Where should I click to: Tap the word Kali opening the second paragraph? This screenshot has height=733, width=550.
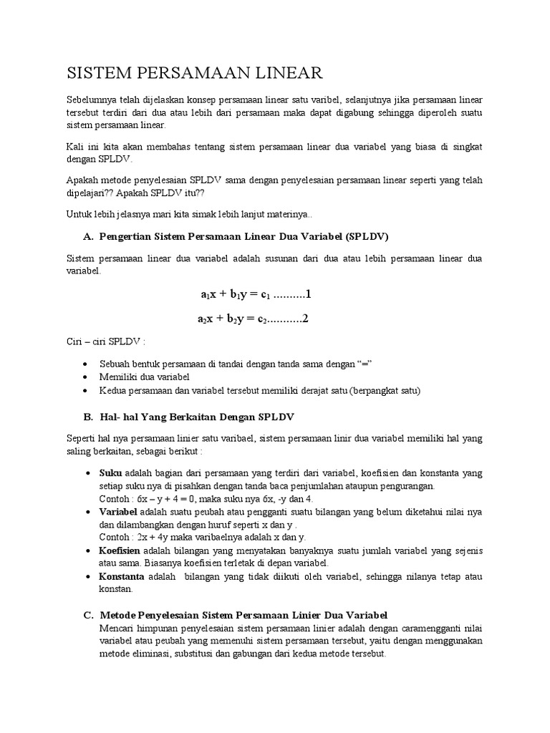[x=77, y=146]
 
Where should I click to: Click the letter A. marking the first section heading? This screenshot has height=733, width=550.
[x=89, y=236]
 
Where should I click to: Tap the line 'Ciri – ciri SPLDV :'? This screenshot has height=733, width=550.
[x=105, y=343]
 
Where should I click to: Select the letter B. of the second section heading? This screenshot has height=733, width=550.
[x=89, y=416]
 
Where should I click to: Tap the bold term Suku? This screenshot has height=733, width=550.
[x=110, y=474]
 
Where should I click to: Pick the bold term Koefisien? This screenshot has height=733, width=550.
[x=120, y=550]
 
